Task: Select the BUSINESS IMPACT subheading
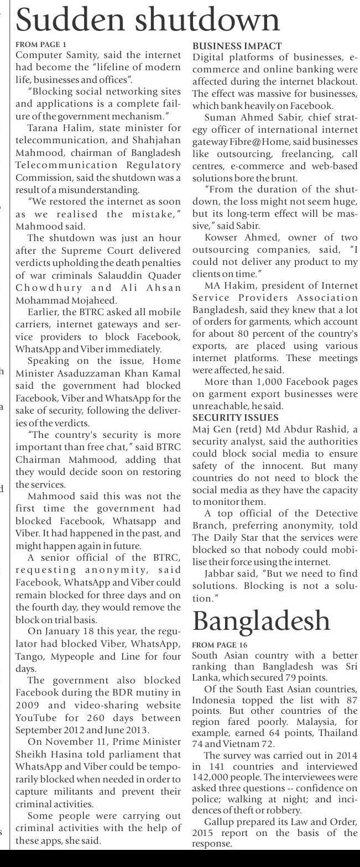click(x=237, y=46)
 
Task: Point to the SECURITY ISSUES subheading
click(x=236, y=417)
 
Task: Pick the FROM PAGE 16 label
click(x=220, y=645)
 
